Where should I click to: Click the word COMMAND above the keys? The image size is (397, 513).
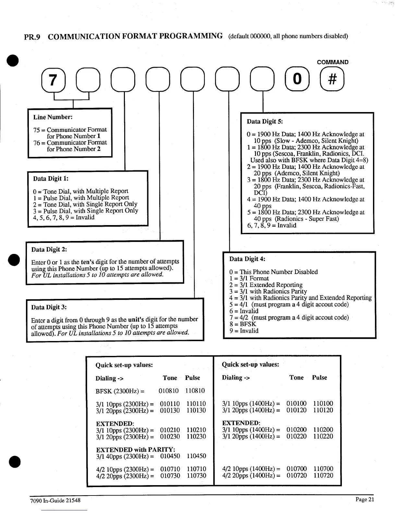click(x=332, y=62)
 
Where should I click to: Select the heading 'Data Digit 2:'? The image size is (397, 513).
click(x=49, y=249)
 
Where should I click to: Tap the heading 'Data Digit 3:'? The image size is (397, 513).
click(x=49, y=307)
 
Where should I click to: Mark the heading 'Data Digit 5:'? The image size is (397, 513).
click(x=265, y=121)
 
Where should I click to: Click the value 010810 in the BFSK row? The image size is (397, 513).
click(x=169, y=391)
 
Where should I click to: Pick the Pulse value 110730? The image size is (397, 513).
click(x=196, y=475)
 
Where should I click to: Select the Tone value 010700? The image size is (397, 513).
click(x=296, y=469)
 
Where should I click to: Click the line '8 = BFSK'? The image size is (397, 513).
click(x=243, y=324)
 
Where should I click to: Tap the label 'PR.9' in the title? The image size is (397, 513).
click(x=32, y=37)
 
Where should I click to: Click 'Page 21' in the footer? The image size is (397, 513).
click(x=365, y=499)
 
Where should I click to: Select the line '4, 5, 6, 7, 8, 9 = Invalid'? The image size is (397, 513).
click(x=64, y=217)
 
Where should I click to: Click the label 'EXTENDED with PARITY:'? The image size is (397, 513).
click(x=136, y=450)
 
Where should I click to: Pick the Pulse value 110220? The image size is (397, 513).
click(x=323, y=436)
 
